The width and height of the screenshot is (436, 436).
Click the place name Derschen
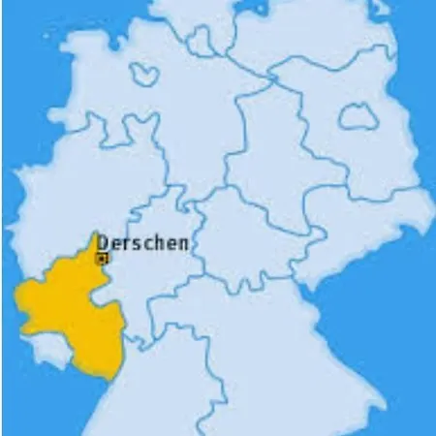(x=142, y=244)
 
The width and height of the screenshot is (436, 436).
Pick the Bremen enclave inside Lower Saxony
(x=144, y=75)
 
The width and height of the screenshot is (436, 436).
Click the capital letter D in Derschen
(x=103, y=243)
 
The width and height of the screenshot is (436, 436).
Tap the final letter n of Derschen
(x=183, y=245)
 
